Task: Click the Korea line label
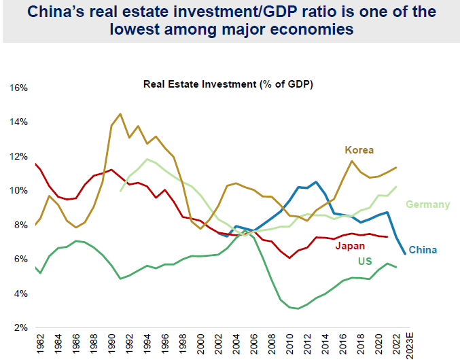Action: (x=359, y=149)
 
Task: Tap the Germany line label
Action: (x=428, y=204)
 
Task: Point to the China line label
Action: (x=422, y=249)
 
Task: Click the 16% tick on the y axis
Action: (x=18, y=88)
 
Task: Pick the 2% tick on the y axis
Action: (x=20, y=327)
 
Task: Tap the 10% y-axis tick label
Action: (x=18, y=191)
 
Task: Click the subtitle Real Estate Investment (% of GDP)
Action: (x=228, y=85)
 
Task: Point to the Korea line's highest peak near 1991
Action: (x=120, y=113)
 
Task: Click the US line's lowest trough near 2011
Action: (x=298, y=308)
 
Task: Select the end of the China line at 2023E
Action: (x=406, y=254)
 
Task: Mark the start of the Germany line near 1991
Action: (x=121, y=191)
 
